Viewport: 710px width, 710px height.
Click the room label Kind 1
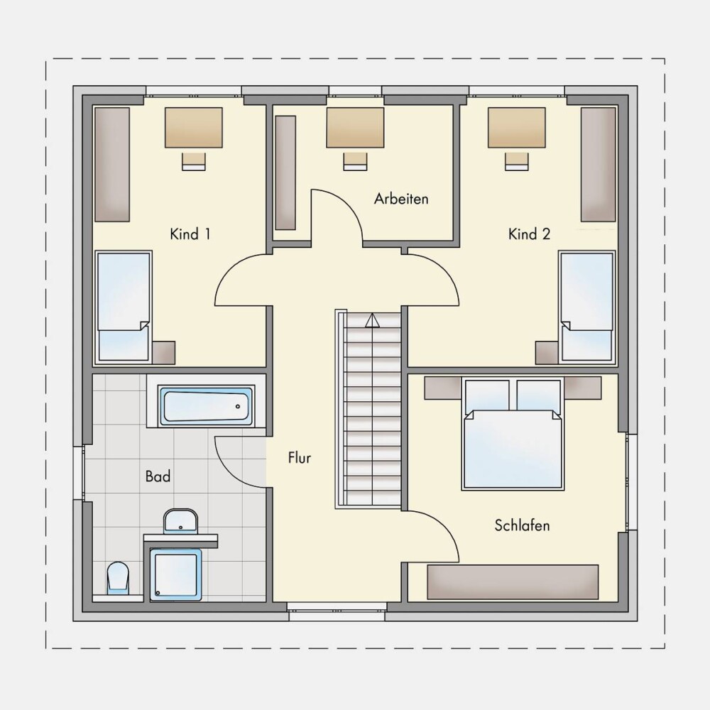(x=190, y=234)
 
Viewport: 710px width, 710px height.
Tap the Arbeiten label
(x=401, y=199)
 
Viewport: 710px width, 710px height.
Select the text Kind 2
(x=530, y=234)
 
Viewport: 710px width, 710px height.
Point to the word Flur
(x=300, y=458)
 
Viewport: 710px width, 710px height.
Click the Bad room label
(x=158, y=476)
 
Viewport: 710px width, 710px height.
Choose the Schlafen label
(x=522, y=525)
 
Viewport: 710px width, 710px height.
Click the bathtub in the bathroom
(x=206, y=405)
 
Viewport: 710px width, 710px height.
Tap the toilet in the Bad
(x=118, y=578)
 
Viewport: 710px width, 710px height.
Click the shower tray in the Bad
(x=175, y=575)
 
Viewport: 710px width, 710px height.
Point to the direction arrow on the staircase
(x=372, y=320)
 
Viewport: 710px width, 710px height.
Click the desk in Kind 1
(x=193, y=127)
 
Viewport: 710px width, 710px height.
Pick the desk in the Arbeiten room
(x=355, y=127)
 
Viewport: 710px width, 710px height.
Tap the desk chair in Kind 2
(x=517, y=162)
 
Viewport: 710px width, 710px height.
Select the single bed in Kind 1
(x=124, y=307)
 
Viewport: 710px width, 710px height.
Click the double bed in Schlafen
(x=513, y=435)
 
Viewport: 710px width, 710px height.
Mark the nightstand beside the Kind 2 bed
(x=547, y=353)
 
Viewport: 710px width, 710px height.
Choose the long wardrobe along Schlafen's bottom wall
(x=513, y=582)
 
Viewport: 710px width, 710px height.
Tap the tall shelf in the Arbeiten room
(x=285, y=173)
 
